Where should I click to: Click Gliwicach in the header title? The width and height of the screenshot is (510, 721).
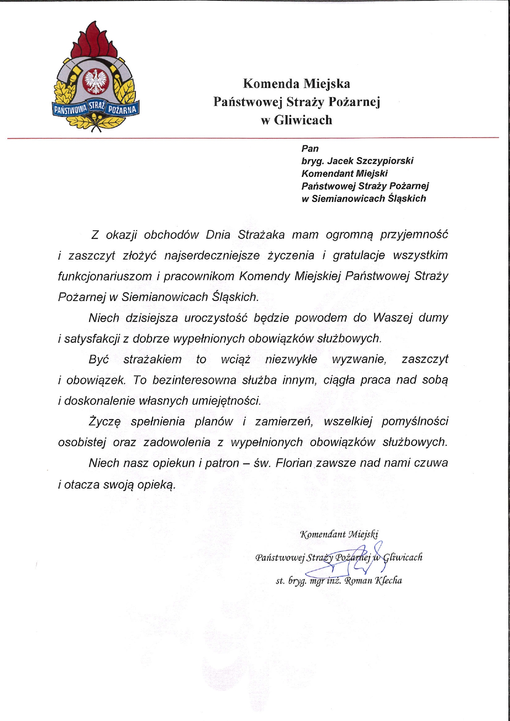click(x=303, y=120)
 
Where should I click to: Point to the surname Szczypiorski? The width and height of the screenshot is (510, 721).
click(x=385, y=161)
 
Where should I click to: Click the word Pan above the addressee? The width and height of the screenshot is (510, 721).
click(x=310, y=148)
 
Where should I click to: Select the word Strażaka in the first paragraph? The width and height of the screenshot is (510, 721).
click(x=261, y=234)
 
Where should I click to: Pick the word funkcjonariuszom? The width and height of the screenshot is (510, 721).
click(x=105, y=276)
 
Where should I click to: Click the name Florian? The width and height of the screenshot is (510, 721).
click(x=294, y=463)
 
